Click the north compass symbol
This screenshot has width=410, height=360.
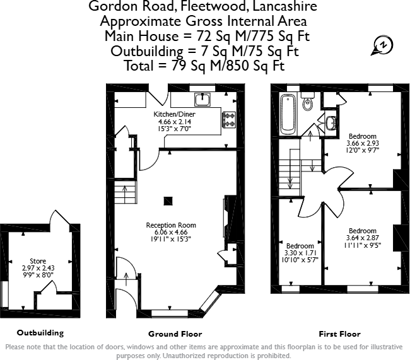382,44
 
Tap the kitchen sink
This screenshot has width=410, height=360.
202,99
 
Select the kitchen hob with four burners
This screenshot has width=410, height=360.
228,118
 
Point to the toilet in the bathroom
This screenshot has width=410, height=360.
308,103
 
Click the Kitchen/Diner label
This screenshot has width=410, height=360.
174,114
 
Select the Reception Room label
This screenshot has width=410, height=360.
171,225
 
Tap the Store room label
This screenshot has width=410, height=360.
37,261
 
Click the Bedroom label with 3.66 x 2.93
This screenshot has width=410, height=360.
362,136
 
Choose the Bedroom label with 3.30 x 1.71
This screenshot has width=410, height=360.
300,246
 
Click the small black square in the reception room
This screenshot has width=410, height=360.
168,201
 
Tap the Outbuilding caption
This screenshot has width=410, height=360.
40,332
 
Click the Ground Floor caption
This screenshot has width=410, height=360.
170,334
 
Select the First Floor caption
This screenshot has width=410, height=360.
340,334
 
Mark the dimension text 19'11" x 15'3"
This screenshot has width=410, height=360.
171,240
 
